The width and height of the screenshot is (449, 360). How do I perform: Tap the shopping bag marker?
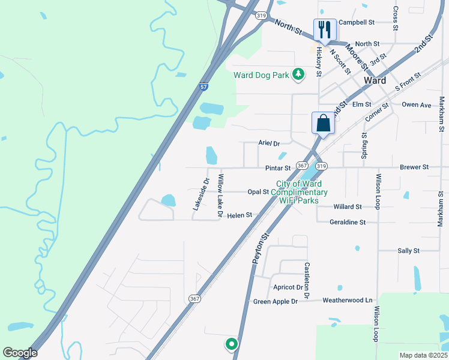click(323, 124)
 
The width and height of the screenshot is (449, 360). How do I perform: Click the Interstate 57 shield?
click(204, 87)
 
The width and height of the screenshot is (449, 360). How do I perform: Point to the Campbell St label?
click(357, 22)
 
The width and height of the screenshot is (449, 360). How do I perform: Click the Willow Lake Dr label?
click(220, 196)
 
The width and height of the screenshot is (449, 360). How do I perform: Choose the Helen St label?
click(240, 215)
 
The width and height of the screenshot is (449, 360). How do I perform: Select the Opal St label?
click(258, 192)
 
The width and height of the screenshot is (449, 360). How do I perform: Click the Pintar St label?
click(279, 168)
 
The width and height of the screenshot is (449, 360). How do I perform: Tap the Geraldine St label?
click(348, 222)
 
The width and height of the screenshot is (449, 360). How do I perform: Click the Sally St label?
click(408, 251)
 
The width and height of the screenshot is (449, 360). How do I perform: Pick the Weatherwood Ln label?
click(348, 300)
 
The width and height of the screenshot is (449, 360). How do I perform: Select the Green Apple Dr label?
click(276, 301)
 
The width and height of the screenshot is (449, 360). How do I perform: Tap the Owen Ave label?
click(417, 105)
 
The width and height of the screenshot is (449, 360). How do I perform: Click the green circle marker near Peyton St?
click(231, 344)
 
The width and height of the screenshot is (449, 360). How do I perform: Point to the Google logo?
click(20, 353)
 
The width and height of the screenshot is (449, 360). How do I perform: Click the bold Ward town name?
click(375, 80)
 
